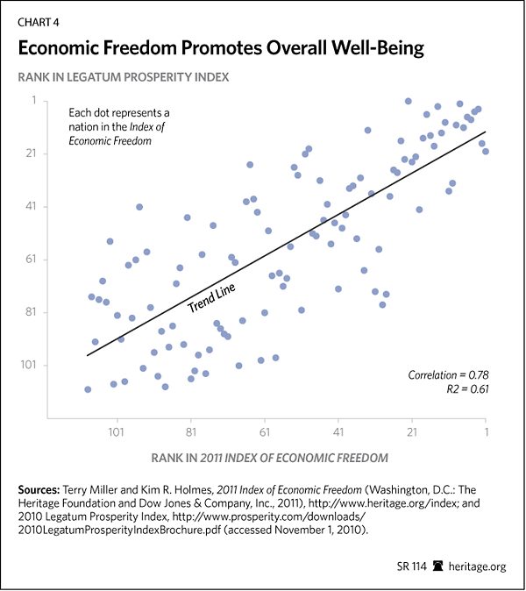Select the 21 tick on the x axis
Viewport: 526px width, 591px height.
tap(411, 432)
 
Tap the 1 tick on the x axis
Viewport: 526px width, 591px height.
tap(485, 432)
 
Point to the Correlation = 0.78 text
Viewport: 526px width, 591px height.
tap(446, 374)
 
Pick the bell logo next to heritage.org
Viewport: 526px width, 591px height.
tap(439, 566)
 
